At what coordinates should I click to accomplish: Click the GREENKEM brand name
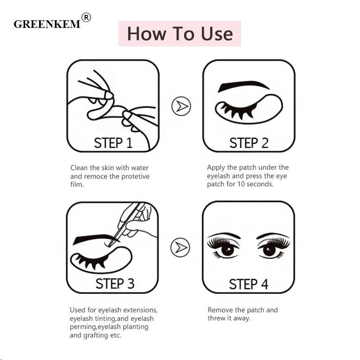click(x=47, y=24)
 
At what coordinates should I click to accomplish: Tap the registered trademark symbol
click(x=86, y=18)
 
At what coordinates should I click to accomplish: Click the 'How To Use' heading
click(x=180, y=33)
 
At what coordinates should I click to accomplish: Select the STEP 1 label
click(x=113, y=143)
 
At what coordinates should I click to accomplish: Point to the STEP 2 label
click(x=249, y=143)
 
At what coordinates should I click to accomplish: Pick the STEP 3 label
click(x=115, y=283)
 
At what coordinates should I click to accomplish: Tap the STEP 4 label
click(x=248, y=284)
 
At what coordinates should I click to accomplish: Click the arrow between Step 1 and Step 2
click(x=181, y=106)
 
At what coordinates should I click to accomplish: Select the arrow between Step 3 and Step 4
click(x=180, y=247)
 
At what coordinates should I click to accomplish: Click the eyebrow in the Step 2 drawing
click(x=243, y=85)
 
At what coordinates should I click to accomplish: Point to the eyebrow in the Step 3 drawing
click(x=96, y=239)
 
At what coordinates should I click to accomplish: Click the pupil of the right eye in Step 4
click(x=269, y=250)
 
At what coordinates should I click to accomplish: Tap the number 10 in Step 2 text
click(x=241, y=184)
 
